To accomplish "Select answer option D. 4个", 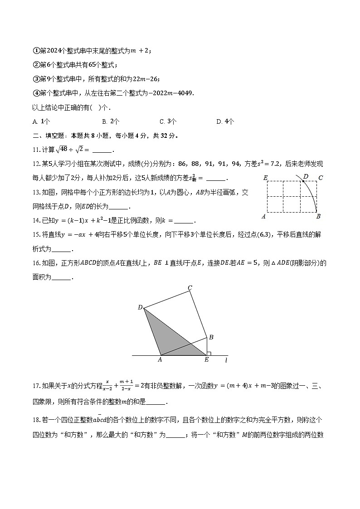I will (x=225, y=121).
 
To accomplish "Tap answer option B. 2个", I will (x=111, y=121).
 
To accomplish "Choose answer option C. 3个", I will (x=168, y=121).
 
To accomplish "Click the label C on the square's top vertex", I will (x=190, y=288).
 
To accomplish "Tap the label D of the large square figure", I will (x=140, y=308).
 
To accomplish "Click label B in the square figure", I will (x=211, y=337).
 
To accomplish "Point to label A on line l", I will (x=160, y=360).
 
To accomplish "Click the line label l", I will (x=226, y=360).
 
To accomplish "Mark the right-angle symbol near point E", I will (x=209, y=353).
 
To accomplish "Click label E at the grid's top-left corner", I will (x=265, y=178).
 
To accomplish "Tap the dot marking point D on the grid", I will (x=303, y=181).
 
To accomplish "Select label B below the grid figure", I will (x=318, y=216).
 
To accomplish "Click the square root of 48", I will (x=62, y=150).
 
